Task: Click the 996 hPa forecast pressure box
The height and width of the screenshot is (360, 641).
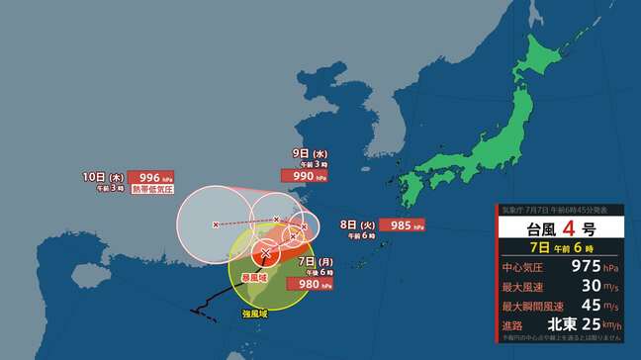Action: [x=144, y=177]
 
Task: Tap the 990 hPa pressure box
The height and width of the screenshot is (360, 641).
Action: [x=310, y=175]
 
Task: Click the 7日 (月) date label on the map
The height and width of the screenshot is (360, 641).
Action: [x=314, y=260]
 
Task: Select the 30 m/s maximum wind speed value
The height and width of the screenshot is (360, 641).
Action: [x=578, y=285]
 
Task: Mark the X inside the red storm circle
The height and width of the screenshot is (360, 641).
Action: [x=264, y=254]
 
